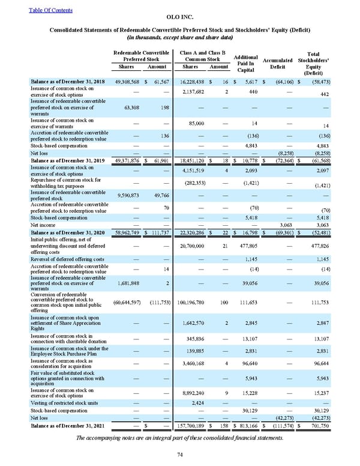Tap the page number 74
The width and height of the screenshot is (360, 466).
point(179,455)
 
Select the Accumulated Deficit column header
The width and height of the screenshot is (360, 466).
point(278,64)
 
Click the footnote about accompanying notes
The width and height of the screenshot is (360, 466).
point(179,437)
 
